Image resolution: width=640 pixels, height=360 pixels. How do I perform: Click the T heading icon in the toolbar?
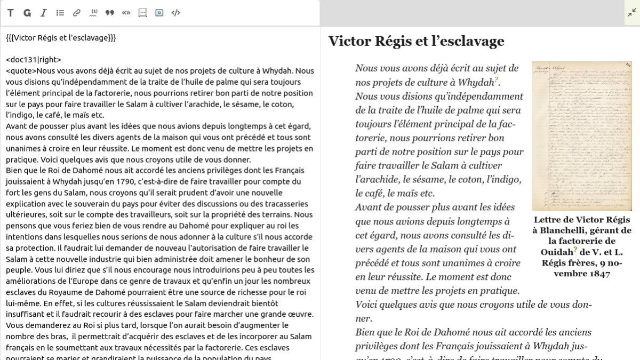pyautogui.click(x=10, y=13)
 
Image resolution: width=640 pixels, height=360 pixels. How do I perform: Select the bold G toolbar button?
pyautogui.click(x=27, y=13)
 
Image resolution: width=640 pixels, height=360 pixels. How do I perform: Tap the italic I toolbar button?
pyautogui.click(x=44, y=13)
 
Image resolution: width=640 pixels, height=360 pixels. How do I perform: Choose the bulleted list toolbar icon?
pyautogui.click(x=60, y=13)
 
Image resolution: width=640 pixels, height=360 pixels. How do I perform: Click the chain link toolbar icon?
pyautogui.click(x=77, y=13)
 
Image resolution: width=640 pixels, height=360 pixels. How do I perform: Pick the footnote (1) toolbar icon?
pyautogui.click(x=93, y=13)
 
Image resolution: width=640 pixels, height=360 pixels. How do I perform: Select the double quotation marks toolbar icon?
pyautogui.click(x=110, y=13)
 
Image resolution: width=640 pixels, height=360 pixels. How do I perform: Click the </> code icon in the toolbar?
pyautogui.click(x=175, y=13)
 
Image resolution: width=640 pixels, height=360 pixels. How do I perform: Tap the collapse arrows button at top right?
pyautogui.click(x=631, y=12)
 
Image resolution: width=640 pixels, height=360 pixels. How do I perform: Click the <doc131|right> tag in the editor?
pyautogui.click(x=34, y=60)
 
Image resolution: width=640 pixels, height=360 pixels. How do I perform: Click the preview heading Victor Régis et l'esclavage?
pyautogui.click(x=416, y=41)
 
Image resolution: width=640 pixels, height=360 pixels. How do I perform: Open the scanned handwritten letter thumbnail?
pyautogui.click(x=581, y=135)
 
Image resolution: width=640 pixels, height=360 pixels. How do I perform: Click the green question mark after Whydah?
pyautogui.click(x=497, y=80)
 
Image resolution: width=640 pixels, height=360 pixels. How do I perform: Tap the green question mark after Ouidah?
pyautogui.click(x=575, y=249)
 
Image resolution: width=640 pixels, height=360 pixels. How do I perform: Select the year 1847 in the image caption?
pyautogui.click(x=599, y=274)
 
